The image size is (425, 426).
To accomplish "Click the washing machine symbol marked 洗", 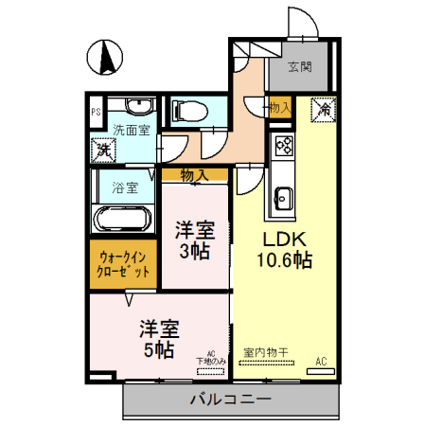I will point(102,149).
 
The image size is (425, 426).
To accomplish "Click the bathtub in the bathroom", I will point(121,219).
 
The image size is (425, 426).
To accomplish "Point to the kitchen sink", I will point(283,199).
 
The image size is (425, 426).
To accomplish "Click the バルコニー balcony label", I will point(230,399).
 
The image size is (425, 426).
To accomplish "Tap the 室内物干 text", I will point(265,352).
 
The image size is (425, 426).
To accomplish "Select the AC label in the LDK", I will point(321,361).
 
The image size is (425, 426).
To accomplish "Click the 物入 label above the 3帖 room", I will point(194,174).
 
